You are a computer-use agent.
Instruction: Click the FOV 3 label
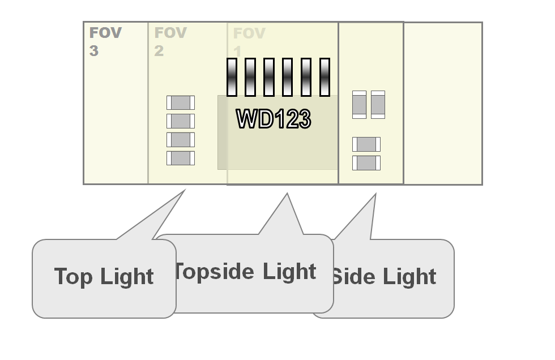click(x=105, y=41)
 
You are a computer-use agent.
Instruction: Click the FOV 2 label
click(x=170, y=41)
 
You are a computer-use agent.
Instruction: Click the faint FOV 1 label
click(x=249, y=41)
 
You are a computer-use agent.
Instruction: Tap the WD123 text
click(x=274, y=119)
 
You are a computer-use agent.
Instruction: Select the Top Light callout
click(x=104, y=277)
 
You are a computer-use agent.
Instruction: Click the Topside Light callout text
click(x=245, y=272)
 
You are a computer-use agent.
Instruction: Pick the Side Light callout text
click(x=383, y=277)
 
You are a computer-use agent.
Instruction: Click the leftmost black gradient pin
click(x=232, y=77)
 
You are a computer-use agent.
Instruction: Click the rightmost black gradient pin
click(x=325, y=77)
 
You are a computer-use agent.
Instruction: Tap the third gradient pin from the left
click(x=269, y=77)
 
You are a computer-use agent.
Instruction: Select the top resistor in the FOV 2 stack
click(x=181, y=102)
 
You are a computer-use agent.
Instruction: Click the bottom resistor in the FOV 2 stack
click(x=181, y=158)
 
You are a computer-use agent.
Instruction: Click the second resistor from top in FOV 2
click(x=181, y=121)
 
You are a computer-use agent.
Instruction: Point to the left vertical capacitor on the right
click(x=359, y=105)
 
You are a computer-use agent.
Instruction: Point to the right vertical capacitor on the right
click(x=378, y=105)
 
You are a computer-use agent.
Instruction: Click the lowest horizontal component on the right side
click(x=366, y=163)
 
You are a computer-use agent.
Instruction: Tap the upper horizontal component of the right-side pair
click(x=366, y=144)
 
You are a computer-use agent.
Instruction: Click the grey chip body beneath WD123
click(x=277, y=150)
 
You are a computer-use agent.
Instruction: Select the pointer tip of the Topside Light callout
click(x=287, y=195)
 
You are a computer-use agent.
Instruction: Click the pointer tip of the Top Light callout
click(x=184, y=191)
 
